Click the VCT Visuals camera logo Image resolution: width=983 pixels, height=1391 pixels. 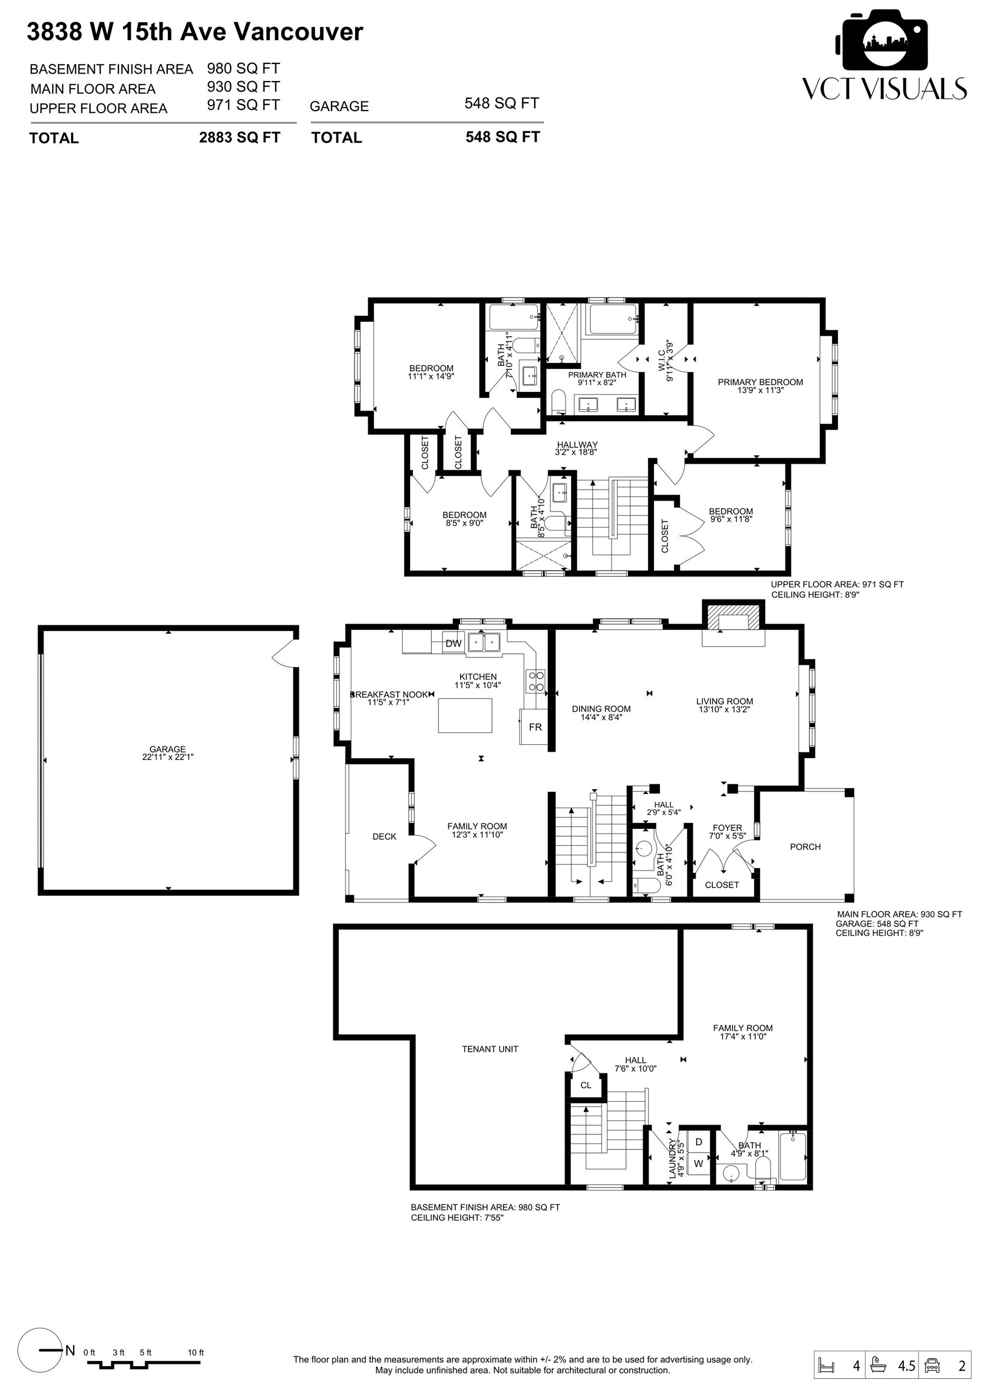pyautogui.click(x=883, y=42)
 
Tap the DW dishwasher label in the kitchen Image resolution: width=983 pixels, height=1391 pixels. pyautogui.click(x=453, y=644)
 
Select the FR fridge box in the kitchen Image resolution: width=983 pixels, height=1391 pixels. pyautogui.click(x=535, y=726)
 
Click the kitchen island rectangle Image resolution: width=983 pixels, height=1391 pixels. pyautogui.click(x=465, y=715)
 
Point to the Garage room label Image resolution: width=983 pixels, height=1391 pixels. pyautogui.click(x=167, y=752)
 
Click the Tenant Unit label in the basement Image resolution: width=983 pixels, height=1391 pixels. pyautogui.click(x=490, y=1049)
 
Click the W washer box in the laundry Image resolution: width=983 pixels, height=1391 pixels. pyautogui.click(x=698, y=1163)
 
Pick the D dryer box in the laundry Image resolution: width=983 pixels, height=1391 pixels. pyautogui.click(x=698, y=1142)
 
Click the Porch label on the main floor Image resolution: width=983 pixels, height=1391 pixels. pyautogui.click(x=805, y=846)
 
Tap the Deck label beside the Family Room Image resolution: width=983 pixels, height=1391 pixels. pyautogui.click(x=384, y=836)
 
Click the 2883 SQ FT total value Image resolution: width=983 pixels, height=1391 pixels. pyautogui.click(x=239, y=138)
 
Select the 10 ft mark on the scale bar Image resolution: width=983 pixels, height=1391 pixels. pyautogui.click(x=196, y=1352)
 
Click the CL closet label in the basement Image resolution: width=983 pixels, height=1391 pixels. pyautogui.click(x=586, y=1085)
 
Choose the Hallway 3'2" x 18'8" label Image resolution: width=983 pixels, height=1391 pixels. pyautogui.click(x=577, y=448)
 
